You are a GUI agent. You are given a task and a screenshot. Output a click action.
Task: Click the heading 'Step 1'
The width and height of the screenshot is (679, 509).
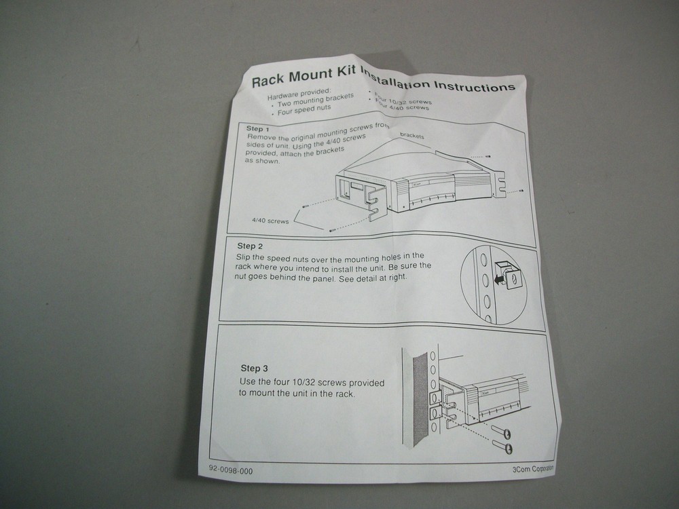[x=259, y=128]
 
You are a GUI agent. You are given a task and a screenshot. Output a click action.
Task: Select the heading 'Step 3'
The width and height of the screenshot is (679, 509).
[x=254, y=369]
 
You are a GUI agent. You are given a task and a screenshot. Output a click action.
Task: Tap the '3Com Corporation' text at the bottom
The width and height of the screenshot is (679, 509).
[x=533, y=468]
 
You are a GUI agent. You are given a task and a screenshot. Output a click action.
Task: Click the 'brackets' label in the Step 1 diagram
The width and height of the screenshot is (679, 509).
[x=412, y=136]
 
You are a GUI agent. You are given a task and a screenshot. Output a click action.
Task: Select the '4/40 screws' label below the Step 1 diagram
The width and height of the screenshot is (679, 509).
[x=270, y=221]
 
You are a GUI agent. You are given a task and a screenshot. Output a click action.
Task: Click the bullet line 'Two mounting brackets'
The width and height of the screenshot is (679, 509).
[x=316, y=100]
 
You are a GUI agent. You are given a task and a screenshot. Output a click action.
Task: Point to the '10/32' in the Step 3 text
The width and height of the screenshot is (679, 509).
[x=308, y=381]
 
